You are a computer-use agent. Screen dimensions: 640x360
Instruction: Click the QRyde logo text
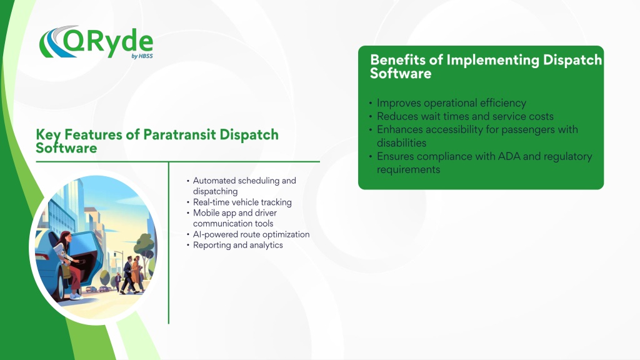108,42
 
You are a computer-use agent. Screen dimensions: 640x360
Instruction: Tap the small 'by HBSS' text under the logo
142,56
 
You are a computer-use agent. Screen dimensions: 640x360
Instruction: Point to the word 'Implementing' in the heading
492,61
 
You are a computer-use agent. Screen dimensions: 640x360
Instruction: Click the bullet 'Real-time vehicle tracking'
242,202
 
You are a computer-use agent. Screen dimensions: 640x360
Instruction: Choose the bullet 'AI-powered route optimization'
251,234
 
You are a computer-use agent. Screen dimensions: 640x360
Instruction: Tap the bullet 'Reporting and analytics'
238,245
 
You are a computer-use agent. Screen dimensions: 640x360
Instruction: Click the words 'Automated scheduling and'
244,181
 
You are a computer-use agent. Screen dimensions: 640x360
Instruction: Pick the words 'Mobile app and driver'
235,212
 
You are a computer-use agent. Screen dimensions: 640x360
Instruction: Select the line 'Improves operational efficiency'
451,103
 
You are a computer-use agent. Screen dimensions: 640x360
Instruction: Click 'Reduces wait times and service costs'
465,116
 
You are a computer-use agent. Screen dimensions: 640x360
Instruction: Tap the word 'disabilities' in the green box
402,143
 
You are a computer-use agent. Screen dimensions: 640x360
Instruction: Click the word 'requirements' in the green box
409,170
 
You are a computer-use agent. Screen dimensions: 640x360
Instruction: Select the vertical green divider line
169,243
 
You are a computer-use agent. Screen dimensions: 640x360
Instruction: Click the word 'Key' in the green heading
48,135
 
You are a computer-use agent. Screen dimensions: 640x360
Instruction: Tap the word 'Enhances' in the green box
400,129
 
